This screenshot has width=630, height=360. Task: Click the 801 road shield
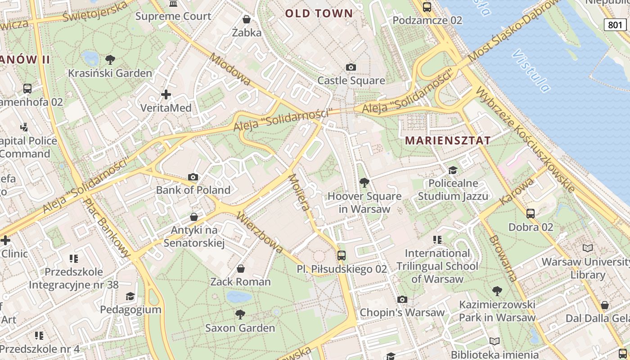[615, 25]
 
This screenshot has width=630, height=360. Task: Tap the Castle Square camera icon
[351, 67]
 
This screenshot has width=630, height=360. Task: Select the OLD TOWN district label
[319, 13]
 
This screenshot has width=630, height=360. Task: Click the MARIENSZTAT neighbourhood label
[448, 140]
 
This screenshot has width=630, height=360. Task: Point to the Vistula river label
[531, 71]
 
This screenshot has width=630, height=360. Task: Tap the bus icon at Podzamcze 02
[427, 7]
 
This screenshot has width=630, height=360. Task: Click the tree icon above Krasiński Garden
[110, 59]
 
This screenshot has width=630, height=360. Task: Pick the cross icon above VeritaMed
[166, 94]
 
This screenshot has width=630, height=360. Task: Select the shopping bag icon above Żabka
[247, 19]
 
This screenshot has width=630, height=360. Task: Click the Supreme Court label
[173, 16]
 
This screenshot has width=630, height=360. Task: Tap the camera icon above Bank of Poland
[193, 177]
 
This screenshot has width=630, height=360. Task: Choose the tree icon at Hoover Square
[364, 183]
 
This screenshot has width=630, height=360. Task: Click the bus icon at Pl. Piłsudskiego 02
[342, 256]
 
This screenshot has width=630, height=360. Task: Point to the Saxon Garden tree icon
[240, 314]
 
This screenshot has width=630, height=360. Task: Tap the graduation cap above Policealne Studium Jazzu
[453, 170]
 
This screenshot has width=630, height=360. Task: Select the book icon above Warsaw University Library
[587, 248]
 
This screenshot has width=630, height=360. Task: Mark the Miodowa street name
[230, 69]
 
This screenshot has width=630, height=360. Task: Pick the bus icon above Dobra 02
[531, 214]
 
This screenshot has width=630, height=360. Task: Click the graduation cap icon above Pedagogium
[130, 296]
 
